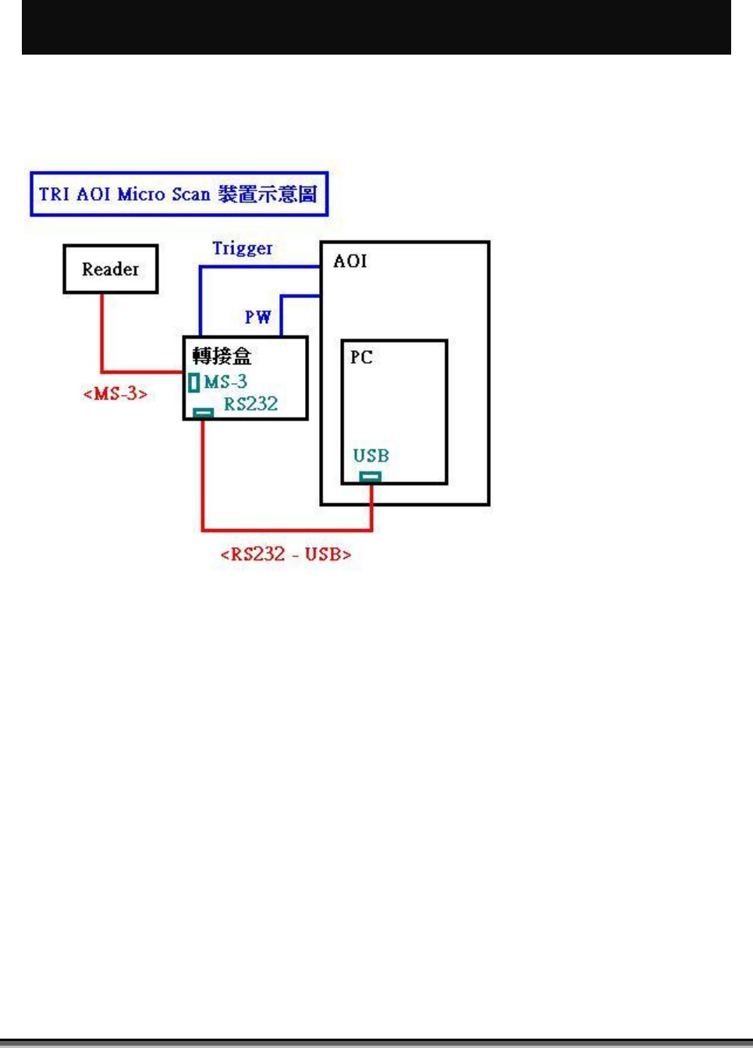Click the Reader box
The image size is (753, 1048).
click(x=110, y=269)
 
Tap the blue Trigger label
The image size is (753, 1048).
click(x=242, y=248)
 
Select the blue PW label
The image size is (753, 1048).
click(x=258, y=317)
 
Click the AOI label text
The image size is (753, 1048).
click(x=350, y=261)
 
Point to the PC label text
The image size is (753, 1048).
click(x=361, y=357)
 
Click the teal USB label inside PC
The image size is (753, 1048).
click(x=371, y=456)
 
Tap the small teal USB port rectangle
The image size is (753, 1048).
click(x=370, y=476)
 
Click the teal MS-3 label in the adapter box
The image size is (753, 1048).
click(x=226, y=382)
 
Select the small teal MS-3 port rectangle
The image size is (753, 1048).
click(x=194, y=382)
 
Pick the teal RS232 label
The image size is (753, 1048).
click(x=250, y=403)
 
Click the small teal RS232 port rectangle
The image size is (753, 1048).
click(x=203, y=412)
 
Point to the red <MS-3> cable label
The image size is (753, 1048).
click(x=115, y=393)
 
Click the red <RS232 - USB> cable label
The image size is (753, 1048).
click(x=286, y=554)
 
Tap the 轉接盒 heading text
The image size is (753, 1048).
click(x=222, y=357)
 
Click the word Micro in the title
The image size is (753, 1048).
click(x=141, y=194)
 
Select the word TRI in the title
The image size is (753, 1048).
click(x=55, y=194)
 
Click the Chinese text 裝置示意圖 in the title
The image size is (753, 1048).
click(x=267, y=194)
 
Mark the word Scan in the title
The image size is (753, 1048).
click(x=190, y=194)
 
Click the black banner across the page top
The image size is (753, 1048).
click(x=376, y=27)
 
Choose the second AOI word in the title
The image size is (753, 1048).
click(x=94, y=194)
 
